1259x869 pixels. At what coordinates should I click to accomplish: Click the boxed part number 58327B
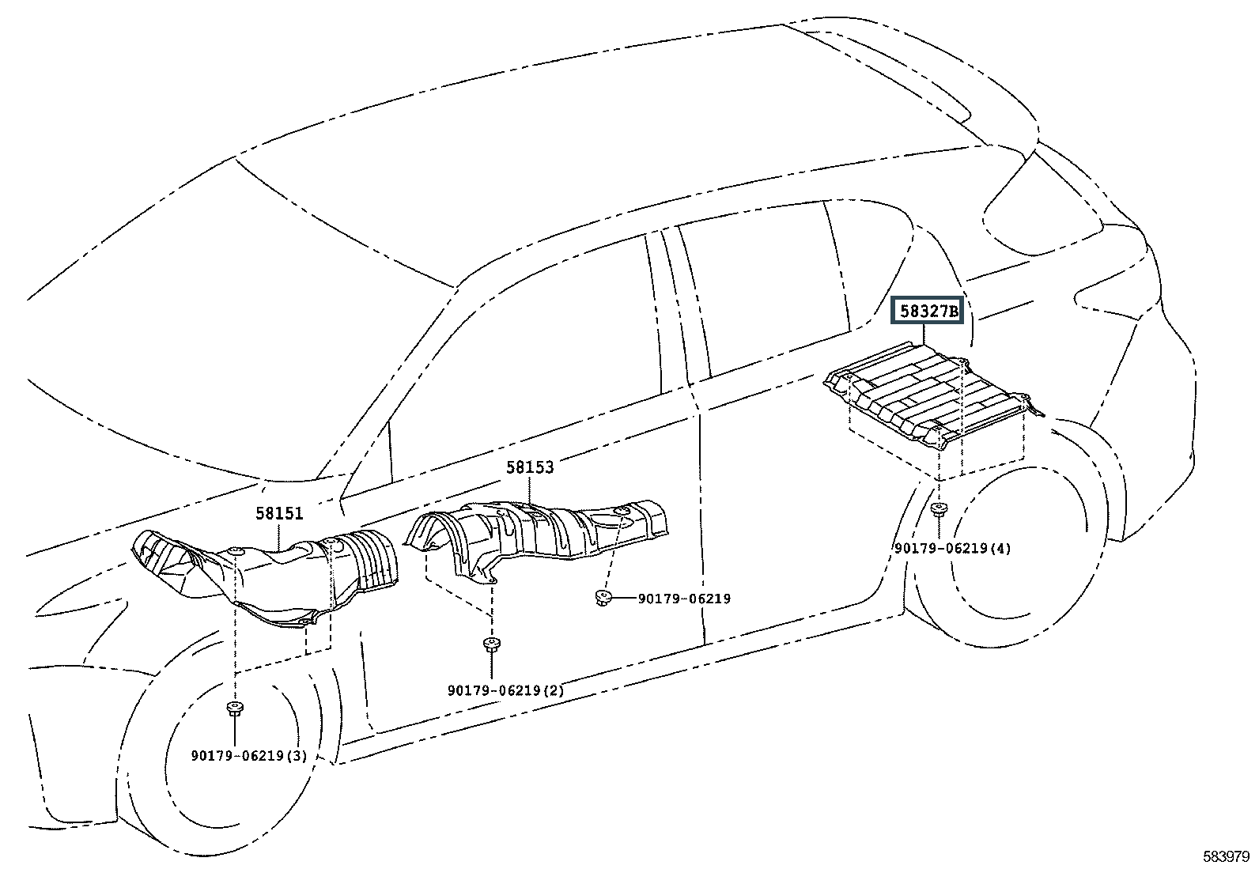tap(927, 312)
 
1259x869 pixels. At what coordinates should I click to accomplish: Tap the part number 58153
tap(530, 467)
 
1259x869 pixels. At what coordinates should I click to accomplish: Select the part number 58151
tap(279, 513)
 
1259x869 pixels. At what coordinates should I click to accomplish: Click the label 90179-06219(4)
tap(952, 548)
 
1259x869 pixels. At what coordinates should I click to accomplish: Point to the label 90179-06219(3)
tap(249, 755)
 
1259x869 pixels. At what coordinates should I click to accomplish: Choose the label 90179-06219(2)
tap(506, 690)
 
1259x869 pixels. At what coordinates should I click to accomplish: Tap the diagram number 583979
tap(1226, 856)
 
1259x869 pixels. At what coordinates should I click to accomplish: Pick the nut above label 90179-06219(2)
tap(491, 643)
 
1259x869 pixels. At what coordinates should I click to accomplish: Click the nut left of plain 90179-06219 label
tap(602, 598)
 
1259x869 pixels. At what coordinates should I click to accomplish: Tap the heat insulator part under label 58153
tap(546, 530)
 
